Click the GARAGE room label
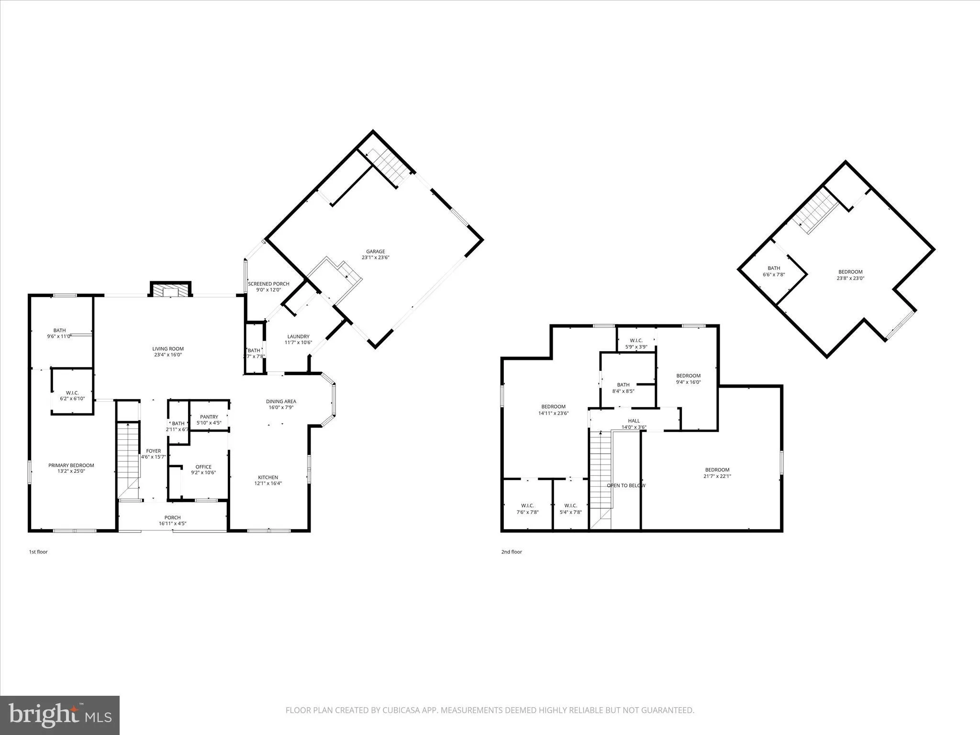click(376, 252)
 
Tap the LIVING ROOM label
click(168, 349)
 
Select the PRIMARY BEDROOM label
click(71, 465)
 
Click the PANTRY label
click(209, 417)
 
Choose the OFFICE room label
click(203, 467)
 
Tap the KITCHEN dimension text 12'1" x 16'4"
click(268, 483)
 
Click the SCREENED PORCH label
click(268, 284)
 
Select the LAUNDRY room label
click(298, 336)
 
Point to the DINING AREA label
click(281, 401)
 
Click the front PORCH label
click(172, 517)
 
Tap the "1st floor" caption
click(38, 552)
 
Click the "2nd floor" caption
click(512, 552)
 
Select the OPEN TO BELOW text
click(626, 485)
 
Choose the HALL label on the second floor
click(634, 421)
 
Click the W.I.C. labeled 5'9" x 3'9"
click(636, 344)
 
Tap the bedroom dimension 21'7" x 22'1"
click(717, 476)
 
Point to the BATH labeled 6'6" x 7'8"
click(774, 271)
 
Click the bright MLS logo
click(60, 715)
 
